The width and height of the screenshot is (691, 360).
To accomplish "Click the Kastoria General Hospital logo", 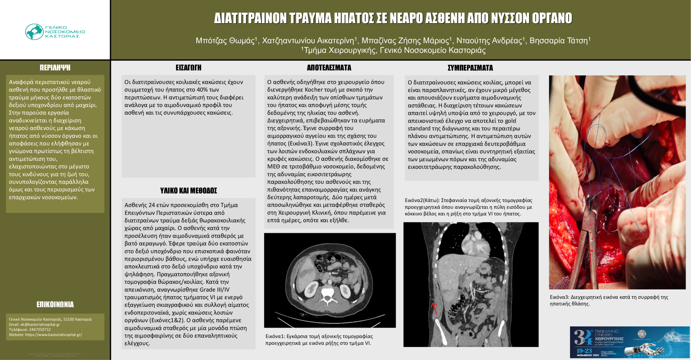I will click(x=55, y=32).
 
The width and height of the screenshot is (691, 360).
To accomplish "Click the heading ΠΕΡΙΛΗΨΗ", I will click(x=55, y=67).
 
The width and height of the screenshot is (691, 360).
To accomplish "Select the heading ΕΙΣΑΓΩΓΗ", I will click(x=188, y=67).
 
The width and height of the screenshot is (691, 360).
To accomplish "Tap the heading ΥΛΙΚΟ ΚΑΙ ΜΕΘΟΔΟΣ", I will click(x=188, y=191).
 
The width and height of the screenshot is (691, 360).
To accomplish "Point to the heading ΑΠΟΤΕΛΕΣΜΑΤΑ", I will click(x=329, y=68).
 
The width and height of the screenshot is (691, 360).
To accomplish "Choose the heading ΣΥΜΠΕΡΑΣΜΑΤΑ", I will click(x=470, y=68).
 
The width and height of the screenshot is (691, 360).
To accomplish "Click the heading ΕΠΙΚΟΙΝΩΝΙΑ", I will click(x=55, y=304).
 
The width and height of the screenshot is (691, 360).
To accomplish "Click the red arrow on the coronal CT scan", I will click(x=434, y=307).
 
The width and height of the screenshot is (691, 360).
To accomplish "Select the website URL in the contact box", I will click(x=53, y=335).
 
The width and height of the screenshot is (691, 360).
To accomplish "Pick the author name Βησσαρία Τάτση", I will click(x=559, y=41).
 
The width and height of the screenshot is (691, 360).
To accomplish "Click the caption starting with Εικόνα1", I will click(x=319, y=340).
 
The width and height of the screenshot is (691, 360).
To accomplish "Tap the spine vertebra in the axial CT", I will click(x=327, y=294).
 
